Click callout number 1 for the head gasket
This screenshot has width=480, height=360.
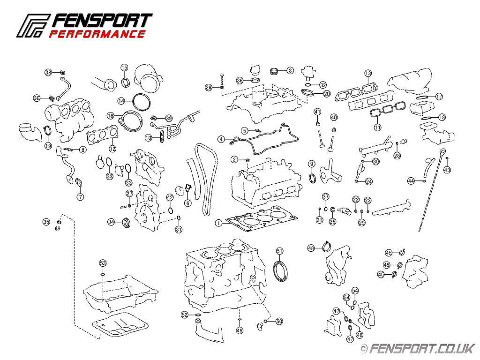(x=218, y=223)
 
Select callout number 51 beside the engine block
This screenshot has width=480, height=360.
(x=279, y=251)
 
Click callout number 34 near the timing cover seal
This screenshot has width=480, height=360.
(x=111, y=222)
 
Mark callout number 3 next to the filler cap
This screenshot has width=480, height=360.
(x=290, y=70)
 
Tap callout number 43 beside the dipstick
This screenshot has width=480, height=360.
(x=447, y=170)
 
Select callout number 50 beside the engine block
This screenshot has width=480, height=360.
(x=279, y=321)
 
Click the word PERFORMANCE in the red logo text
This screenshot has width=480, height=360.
(x=97, y=34)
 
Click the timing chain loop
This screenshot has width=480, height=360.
(x=205, y=178)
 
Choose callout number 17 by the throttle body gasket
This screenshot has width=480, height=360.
(x=439, y=97)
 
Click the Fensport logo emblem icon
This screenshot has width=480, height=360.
(x=33, y=26)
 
